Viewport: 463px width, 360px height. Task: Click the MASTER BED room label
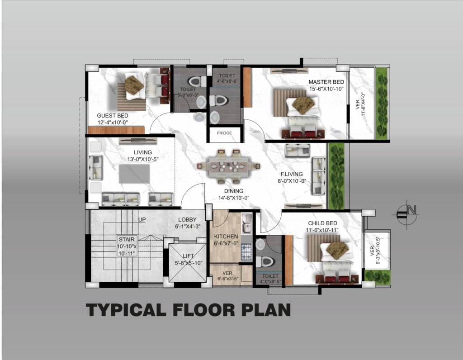tap(326, 82)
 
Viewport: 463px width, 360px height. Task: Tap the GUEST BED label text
tap(113, 115)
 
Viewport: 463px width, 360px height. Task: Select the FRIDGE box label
tap(224, 133)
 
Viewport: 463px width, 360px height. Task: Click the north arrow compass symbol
tap(406, 214)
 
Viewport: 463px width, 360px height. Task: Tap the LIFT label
tap(189, 256)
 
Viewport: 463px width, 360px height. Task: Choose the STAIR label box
tap(127, 246)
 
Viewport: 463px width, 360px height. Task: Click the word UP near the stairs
tap(142, 220)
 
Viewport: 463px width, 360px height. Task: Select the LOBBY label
tap(187, 220)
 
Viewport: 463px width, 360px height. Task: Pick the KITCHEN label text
tap(226, 237)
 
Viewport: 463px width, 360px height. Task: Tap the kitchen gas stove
tap(246, 251)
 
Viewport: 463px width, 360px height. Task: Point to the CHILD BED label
tap(322, 223)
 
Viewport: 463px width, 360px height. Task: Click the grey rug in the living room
tap(134, 174)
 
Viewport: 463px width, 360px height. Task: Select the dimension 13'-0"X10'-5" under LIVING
tap(143, 159)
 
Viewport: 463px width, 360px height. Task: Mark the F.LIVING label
tap(292, 174)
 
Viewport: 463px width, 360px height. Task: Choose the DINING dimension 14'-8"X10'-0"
tap(234, 198)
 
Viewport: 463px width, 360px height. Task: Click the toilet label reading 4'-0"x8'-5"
tap(270, 282)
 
